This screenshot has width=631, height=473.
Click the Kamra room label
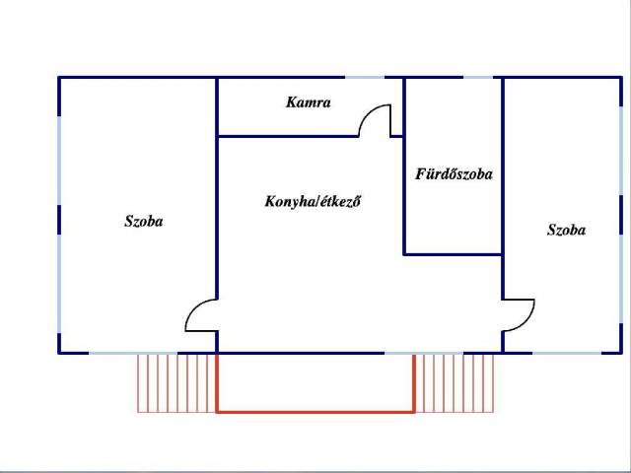tap(308, 101)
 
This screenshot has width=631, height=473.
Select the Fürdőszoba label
tap(454, 174)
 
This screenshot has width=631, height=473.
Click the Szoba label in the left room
tap(143, 222)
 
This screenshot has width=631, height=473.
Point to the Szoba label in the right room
tap(566, 230)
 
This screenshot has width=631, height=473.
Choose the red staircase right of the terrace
tap(455, 382)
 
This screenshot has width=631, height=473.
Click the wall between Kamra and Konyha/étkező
tap(286, 136)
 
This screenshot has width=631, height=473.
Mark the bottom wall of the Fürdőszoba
tap(454, 254)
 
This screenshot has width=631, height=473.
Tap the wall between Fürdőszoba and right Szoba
tap(503, 187)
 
